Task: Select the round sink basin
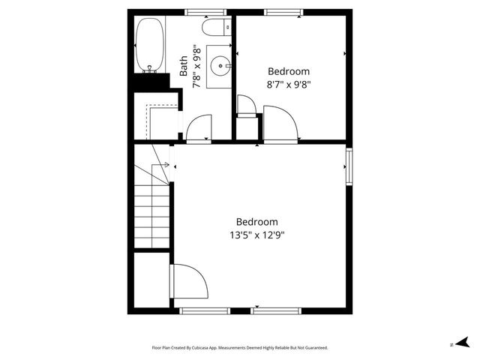[x=221, y=66]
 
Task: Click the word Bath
[x=184, y=65]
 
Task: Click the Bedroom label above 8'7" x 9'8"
[x=289, y=71]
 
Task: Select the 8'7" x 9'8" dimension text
[x=289, y=85]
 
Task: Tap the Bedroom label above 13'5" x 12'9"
[x=257, y=222]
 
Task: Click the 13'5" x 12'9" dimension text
[x=257, y=235]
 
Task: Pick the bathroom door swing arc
[x=199, y=126]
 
